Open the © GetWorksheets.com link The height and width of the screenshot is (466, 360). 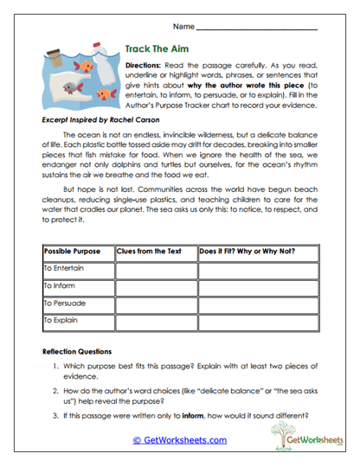pyautogui.click(x=179, y=439)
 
